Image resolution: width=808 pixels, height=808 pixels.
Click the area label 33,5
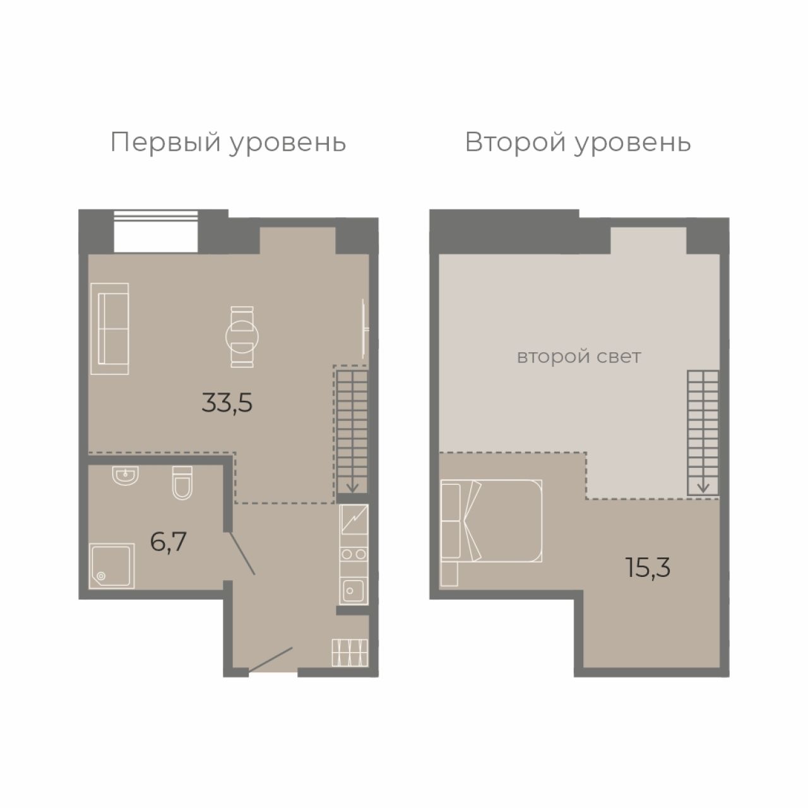[227, 403]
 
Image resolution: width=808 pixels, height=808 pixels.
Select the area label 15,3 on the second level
[648, 568]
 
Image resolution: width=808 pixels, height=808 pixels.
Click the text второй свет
[579, 357]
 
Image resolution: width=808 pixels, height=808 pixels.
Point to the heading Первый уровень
[228, 143]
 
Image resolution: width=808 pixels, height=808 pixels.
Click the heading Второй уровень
[578, 143]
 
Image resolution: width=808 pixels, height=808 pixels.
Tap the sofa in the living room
[110, 328]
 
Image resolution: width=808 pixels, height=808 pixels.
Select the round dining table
[242, 336]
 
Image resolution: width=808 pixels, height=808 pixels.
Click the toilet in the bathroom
[182, 483]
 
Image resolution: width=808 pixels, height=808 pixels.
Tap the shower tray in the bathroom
[112, 566]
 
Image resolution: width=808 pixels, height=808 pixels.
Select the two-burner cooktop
[353, 555]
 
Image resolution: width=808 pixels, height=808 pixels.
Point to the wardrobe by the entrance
[350, 653]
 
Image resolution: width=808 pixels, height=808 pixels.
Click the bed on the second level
[491, 521]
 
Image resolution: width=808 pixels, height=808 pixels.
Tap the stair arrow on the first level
[352, 486]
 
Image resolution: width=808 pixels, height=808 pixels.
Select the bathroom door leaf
[242, 553]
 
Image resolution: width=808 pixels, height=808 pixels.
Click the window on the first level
[155, 231]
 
